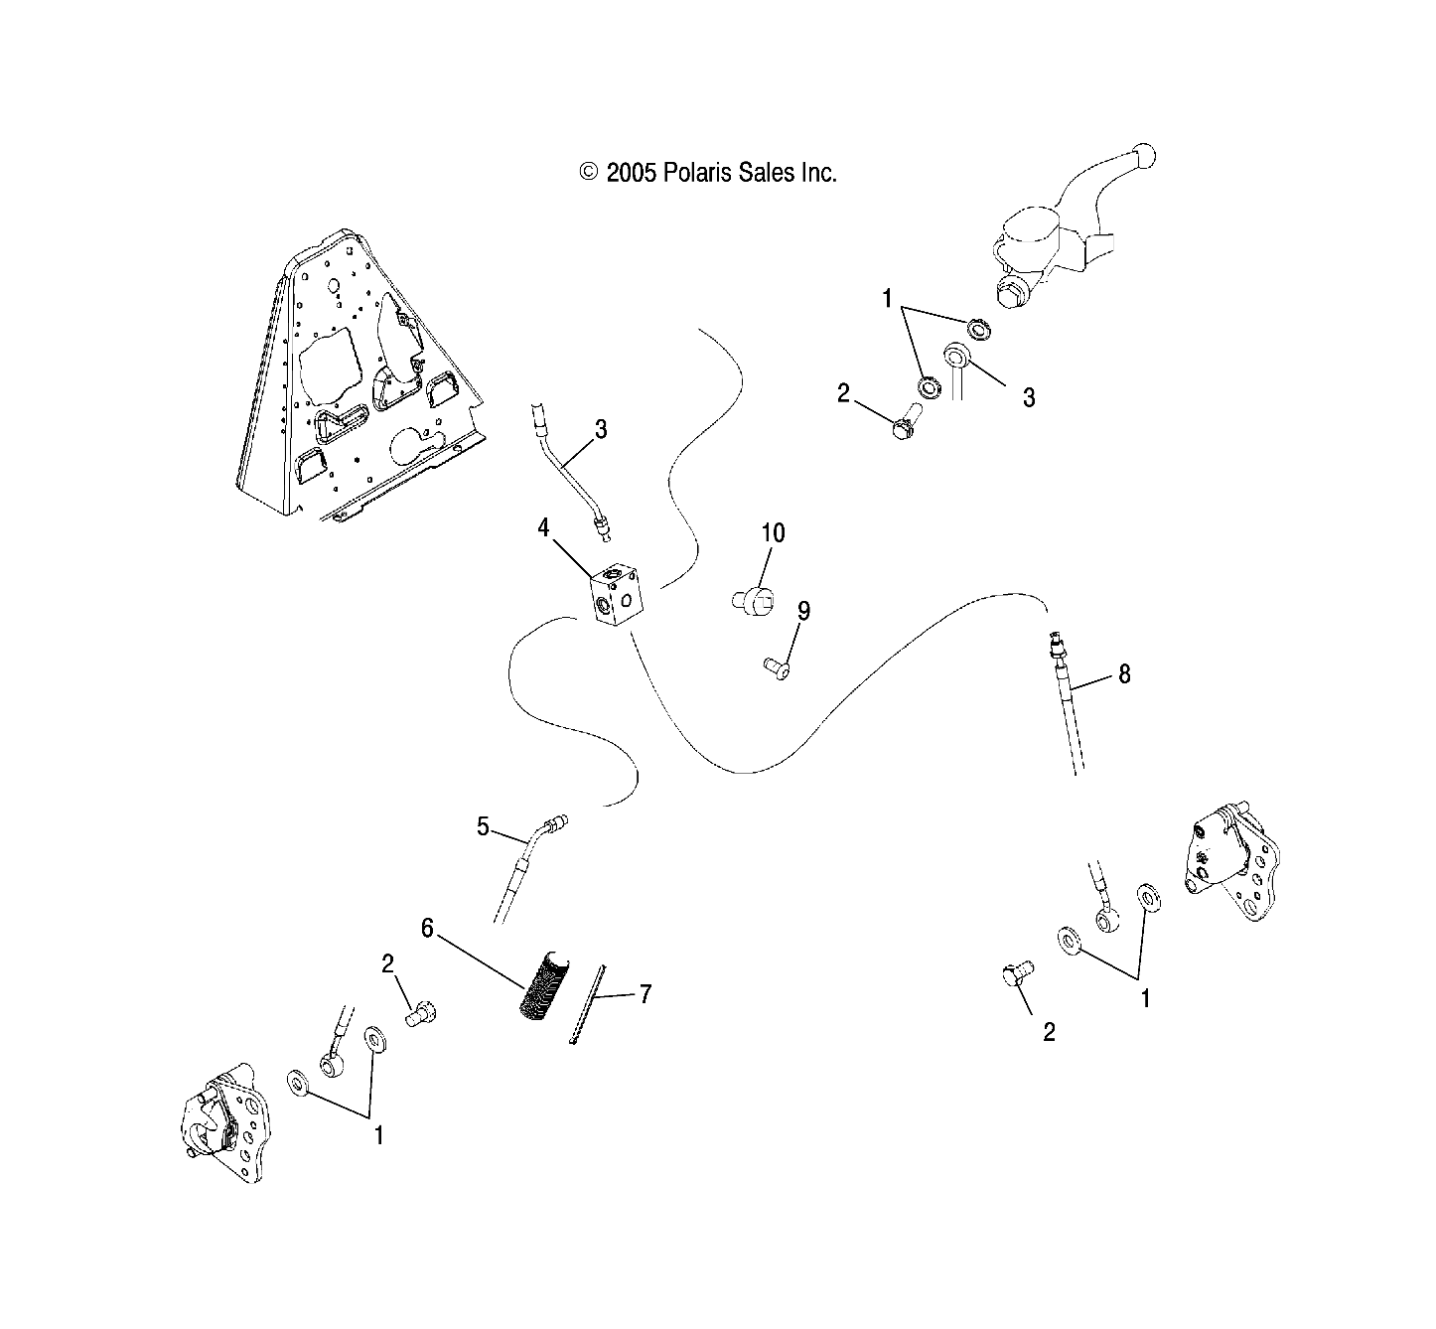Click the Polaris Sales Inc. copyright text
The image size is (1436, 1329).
tap(708, 173)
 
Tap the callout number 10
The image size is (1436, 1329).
tap(773, 533)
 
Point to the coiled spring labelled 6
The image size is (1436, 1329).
tap(544, 985)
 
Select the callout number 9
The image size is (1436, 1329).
tap(803, 611)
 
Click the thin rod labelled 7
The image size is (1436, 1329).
tap(588, 1003)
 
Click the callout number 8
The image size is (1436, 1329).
tap(1124, 674)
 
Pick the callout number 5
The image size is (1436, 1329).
tap(483, 826)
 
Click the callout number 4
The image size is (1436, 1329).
tap(543, 528)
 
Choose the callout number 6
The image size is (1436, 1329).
tap(427, 928)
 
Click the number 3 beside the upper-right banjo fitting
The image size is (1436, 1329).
tap(1029, 397)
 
